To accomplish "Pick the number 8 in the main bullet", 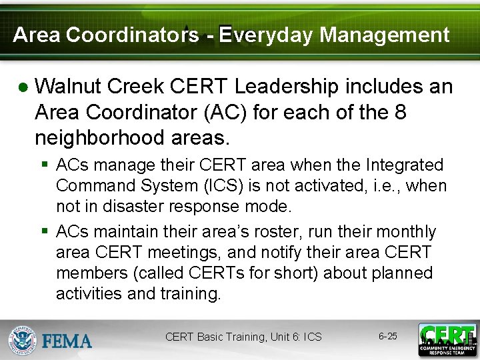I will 400,112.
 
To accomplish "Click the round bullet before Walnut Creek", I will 23,88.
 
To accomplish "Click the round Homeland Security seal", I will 22,339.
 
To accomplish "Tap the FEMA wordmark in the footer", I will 67,341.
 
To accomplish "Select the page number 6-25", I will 388,336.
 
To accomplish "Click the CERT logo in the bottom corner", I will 447,339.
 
